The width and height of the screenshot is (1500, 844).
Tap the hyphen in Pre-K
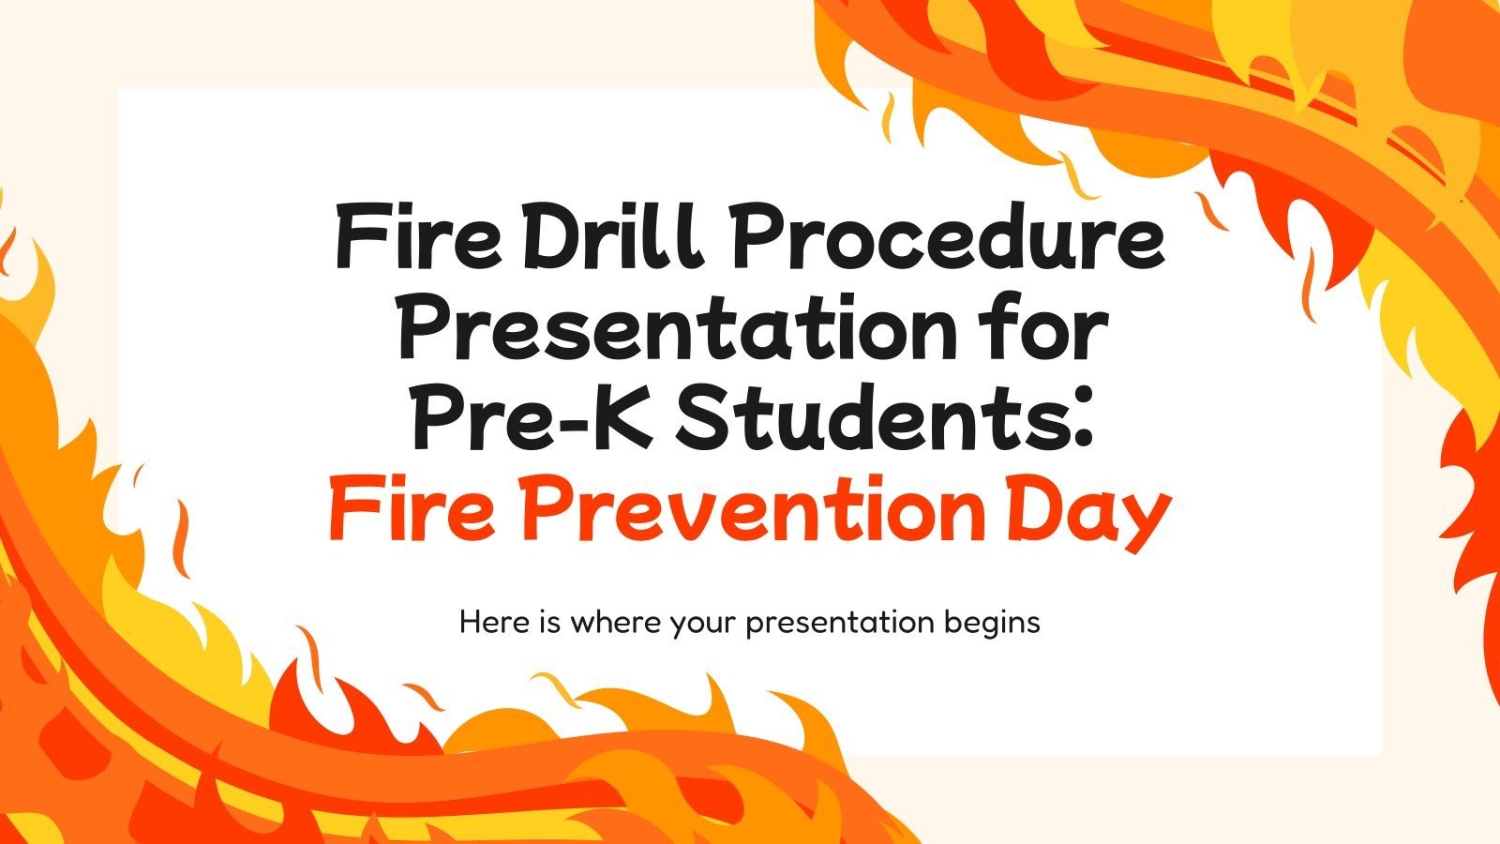coord(559,424)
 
